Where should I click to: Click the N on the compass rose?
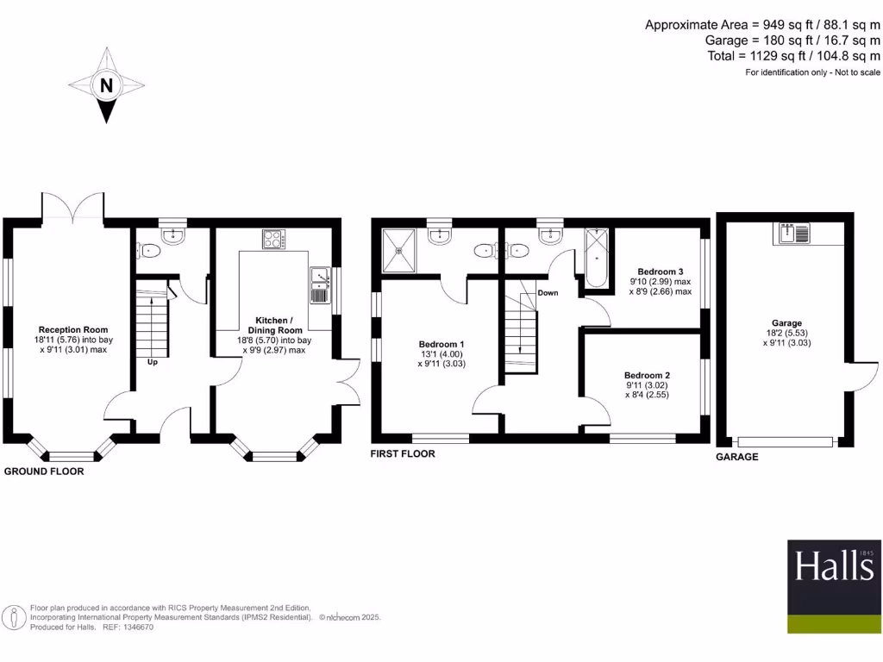click(106, 85)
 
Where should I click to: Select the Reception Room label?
click(72, 329)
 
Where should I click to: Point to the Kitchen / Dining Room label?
click(275, 325)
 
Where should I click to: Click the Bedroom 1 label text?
click(435, 345)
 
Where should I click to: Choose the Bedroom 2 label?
click(647, 376)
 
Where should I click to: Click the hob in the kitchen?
click(274, 239)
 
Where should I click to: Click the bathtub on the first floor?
click(597, 258)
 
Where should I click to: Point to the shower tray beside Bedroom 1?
click(398, 249)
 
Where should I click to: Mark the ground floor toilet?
click(148, 251)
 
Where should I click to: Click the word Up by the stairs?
click(152, 362)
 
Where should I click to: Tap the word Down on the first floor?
click(548, 293)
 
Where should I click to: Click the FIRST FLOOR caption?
click(403, 453)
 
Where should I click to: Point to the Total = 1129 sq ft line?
click(792, 56)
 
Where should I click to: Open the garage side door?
click(865, 377)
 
